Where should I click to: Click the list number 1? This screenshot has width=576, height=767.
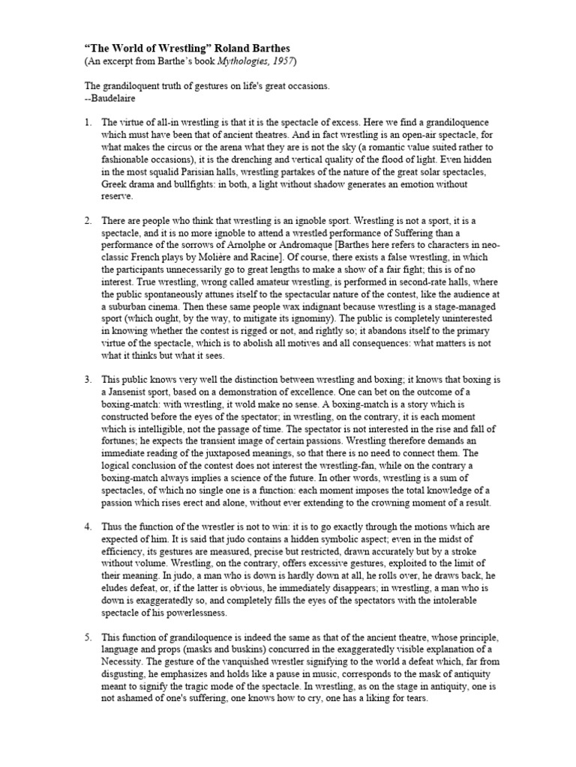(87, 122)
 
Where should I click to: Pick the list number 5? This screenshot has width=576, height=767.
(87, 637)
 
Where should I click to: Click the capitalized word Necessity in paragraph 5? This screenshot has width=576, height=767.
(127, 662)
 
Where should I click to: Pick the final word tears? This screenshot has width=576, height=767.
(414, 699)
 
